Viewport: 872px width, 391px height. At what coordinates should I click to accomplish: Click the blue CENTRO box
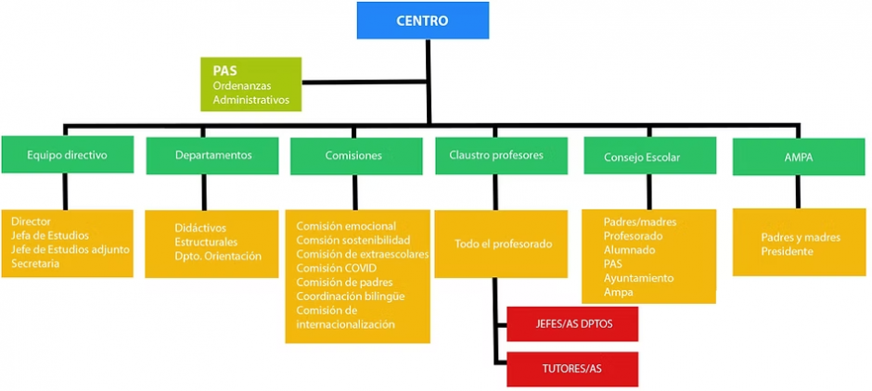422,19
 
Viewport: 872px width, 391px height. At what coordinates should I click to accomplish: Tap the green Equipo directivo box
67,156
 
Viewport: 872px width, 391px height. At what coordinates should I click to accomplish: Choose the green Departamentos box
212,156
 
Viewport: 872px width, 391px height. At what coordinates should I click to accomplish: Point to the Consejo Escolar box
648,157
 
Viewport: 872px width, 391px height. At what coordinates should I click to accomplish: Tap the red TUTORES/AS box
572,369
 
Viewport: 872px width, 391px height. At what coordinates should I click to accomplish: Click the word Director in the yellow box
32,222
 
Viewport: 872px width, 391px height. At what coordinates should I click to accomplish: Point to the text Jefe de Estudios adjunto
71,250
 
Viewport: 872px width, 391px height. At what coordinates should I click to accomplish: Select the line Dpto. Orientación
218,257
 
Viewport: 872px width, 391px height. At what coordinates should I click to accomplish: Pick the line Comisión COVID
336,269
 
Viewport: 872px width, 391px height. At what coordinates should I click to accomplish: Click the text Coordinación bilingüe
350,296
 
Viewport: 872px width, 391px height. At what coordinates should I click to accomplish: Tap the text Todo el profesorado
504,245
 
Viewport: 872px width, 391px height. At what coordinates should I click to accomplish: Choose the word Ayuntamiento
638,278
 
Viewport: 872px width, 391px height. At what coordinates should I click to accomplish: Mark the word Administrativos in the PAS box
250,100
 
